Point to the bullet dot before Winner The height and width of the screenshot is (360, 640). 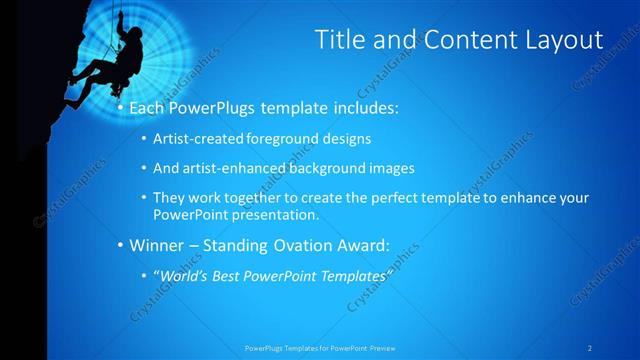(x=121, y=245)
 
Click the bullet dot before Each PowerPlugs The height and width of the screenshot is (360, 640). (x=121, y=106)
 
